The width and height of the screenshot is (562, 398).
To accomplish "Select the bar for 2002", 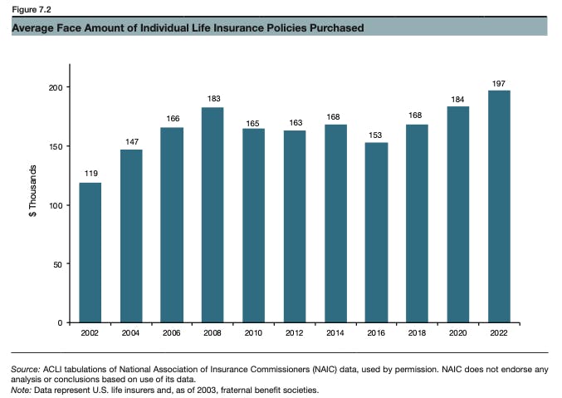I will (90, 252).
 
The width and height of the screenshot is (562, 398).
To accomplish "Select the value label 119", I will (90, 174).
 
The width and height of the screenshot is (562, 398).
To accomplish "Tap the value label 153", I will (376, 135).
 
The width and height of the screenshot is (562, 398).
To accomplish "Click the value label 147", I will (131, 142).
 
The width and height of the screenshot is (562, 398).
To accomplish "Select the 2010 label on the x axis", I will (254, 333).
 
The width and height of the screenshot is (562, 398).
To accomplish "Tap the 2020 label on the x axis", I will (458, 333).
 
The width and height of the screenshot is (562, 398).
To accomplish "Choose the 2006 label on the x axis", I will (172, 333).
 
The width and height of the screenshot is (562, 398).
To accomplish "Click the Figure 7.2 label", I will (30, 9).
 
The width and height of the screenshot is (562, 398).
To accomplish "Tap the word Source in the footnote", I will (25, 368).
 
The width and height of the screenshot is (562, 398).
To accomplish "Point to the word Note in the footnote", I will (22, 390).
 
